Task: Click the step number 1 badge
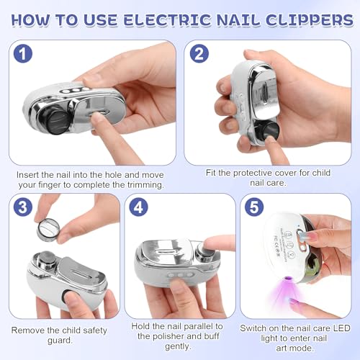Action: point(23,53)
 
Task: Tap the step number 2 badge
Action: point(199,53)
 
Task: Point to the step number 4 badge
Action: point(138,207)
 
